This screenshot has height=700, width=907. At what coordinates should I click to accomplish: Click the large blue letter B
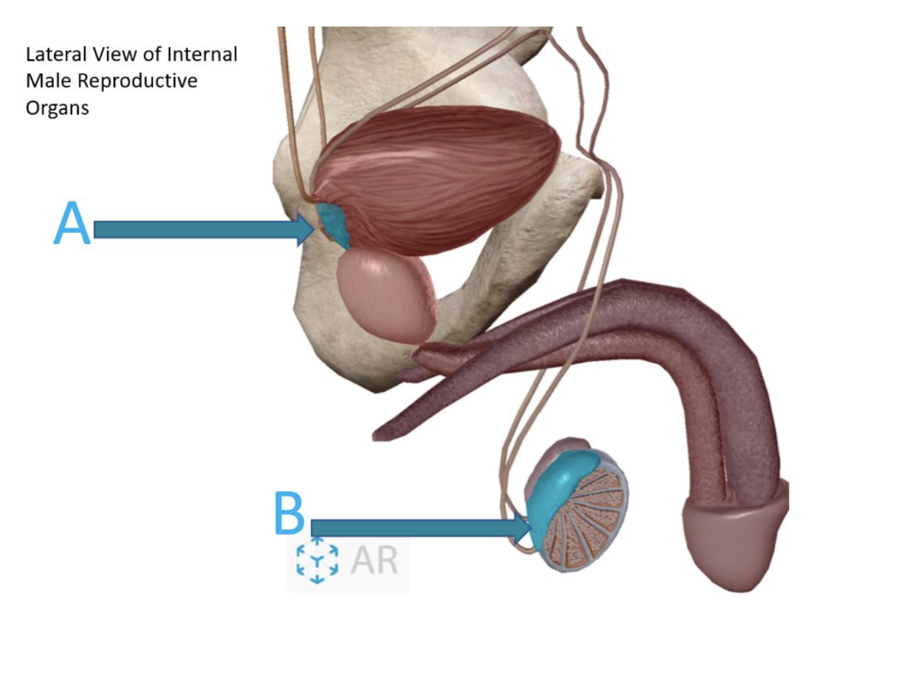[290, 514]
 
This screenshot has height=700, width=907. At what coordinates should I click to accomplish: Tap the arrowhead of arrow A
[308, 230]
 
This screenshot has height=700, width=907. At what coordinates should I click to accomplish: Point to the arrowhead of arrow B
[525, 528]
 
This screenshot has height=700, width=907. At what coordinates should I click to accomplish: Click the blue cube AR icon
[317, 561]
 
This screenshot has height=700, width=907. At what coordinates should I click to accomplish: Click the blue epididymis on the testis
[567, 482]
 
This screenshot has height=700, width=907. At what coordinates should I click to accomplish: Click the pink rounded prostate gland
[385, 295]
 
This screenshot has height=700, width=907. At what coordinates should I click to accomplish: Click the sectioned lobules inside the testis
[585, 522]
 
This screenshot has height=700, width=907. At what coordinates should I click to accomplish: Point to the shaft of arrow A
[195, 230]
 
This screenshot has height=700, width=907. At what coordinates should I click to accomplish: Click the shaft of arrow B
[416, 528]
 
